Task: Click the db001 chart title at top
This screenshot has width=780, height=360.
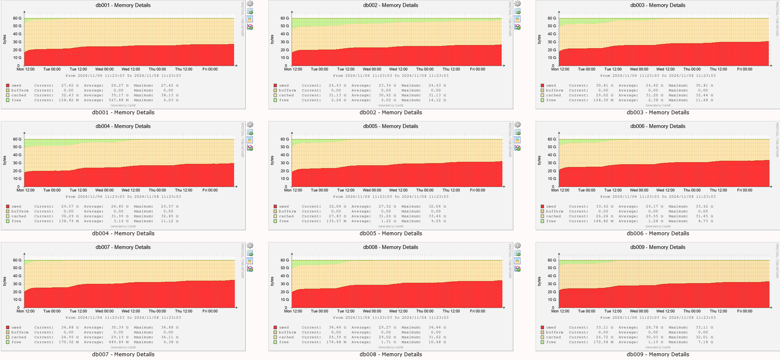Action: tap(123, 5)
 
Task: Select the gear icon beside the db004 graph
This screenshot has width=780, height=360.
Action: tap(250, 125)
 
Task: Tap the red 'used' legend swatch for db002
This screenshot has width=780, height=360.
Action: tap(275, 86)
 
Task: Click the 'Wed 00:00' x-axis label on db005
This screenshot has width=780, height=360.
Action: tap(372, 190)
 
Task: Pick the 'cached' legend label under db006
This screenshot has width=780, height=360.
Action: tap(553, 216)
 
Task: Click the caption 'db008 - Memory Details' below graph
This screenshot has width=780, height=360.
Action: tap(391, 355)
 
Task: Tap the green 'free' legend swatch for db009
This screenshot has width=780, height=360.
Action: tap(542, 342)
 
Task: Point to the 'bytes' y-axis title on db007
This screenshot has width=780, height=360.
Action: tap(5, 281)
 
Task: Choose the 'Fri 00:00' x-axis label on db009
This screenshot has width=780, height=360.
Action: tap(745, 311)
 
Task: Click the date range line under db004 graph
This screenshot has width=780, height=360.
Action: tap(123, 197)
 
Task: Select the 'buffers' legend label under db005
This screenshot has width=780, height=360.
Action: tap(287, 212)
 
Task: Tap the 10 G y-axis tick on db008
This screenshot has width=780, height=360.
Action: tap(284, 300)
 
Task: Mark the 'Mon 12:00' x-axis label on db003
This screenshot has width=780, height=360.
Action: tap(560, 69)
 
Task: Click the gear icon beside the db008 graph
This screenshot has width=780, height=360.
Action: tap(517, 246)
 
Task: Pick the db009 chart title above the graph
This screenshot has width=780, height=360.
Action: tap(658, 247)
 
